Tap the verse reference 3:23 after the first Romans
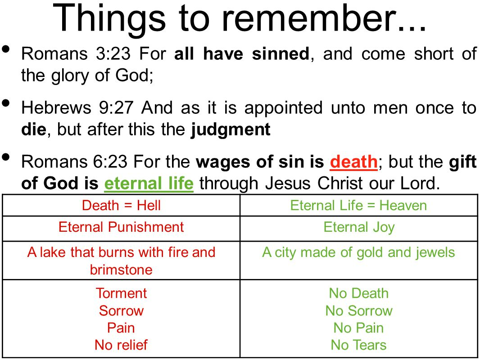coord(113,54)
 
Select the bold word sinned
coord(281,54)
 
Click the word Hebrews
coord(56,108)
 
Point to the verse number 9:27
coord(116,108)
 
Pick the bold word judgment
coord(231,130)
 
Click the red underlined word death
coord(353,162)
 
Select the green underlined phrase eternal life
coord(149,184)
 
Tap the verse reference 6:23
coord(110,162)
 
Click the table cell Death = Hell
coord(121,205)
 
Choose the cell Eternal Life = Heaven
coord(359,205)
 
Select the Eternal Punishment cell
coord(121,228)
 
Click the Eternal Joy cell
coord(359,228)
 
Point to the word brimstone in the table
coord(121,270)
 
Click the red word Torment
coord(121,293)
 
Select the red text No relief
coord(121,345)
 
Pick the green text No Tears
coord(359,345)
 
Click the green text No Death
coord(359,293)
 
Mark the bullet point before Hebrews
coord(6,103)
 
